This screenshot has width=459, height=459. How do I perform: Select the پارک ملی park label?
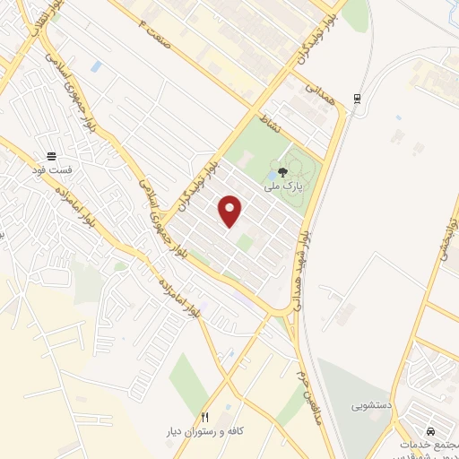(283, 186)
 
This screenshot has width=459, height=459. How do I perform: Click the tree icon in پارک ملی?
(283, 171)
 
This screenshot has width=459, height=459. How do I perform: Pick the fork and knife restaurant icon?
(204, 417)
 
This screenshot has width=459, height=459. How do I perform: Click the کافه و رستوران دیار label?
(205, 431)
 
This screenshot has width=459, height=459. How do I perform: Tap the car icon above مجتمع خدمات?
(430, 430)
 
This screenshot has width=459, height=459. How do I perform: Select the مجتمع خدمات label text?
(429, 444)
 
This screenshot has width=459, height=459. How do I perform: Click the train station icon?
(358, 98)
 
